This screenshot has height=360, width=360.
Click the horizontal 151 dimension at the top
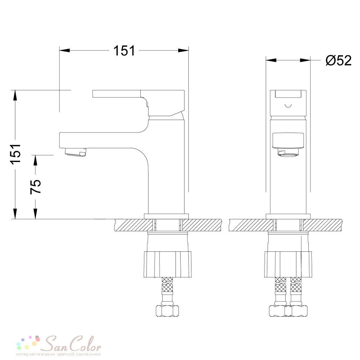click(124, 50)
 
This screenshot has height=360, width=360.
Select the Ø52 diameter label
click(338, 60)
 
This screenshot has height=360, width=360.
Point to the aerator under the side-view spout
click(76, 152)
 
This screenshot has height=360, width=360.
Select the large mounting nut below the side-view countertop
click(167, 264)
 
